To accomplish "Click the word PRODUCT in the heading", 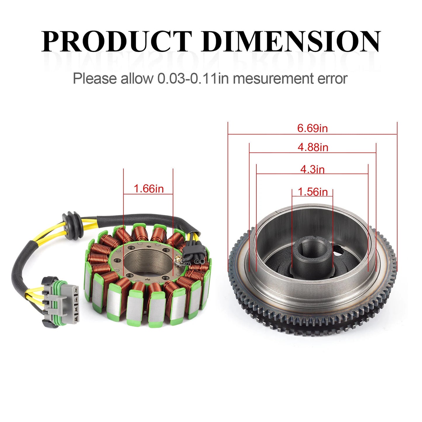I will coord(117,41).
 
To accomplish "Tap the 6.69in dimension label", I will coord(312,128).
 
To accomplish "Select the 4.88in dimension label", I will coord(313,147).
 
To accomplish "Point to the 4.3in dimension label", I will coord(312,169).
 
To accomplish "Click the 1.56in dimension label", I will coord(312,192).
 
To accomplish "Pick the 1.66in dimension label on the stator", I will coord(148,189).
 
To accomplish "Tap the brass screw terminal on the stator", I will coord(178,258).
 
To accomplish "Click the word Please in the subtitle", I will coord(95,79).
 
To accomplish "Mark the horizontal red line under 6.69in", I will coord(312,134).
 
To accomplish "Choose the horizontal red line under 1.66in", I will coord(148,194).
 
